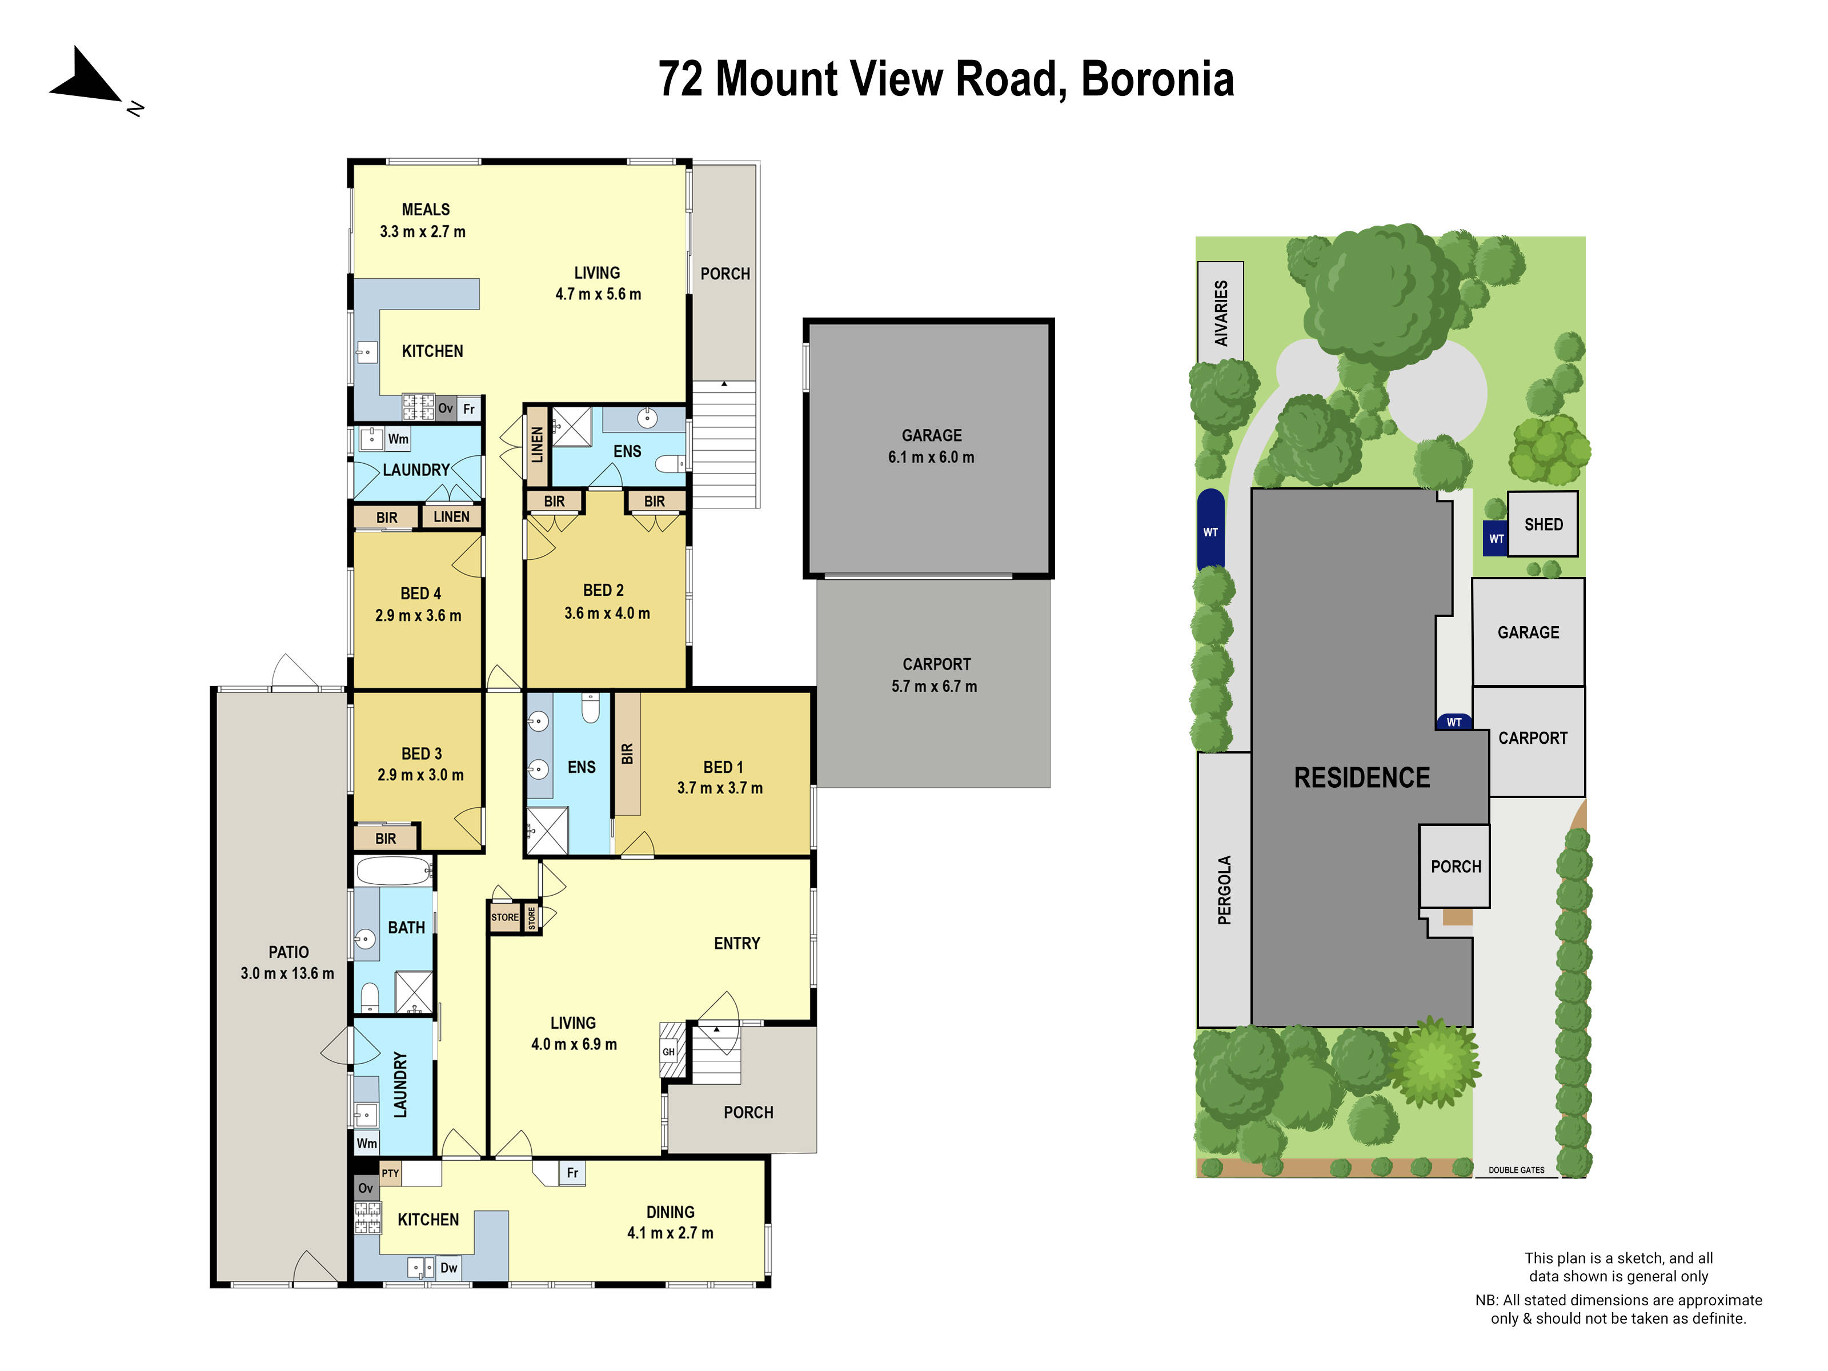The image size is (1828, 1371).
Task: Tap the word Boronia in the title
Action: [1157, 79]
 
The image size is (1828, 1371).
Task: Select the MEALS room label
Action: [426, 210]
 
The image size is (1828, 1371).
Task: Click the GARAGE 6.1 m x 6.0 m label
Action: [931, 446]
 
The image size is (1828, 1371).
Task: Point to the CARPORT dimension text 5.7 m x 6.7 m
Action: [934, 687]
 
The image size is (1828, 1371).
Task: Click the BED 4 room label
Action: [420, 594]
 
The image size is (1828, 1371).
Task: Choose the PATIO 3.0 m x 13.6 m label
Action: [287, 963]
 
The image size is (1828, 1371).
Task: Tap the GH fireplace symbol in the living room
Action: [670, 1051]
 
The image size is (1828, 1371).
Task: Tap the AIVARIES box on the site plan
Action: [1221, 312]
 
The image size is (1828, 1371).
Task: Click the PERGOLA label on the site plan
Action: [1224, 890]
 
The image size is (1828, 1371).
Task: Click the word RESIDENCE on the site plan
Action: [1361, 777]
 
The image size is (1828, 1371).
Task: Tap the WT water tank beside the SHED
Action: [1496, 539]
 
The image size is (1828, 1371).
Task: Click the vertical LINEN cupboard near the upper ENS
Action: [537, 444]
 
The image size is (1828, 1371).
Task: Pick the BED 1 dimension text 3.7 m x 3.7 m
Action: [719, 788]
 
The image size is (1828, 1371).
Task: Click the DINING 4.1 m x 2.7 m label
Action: [670, 1222]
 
